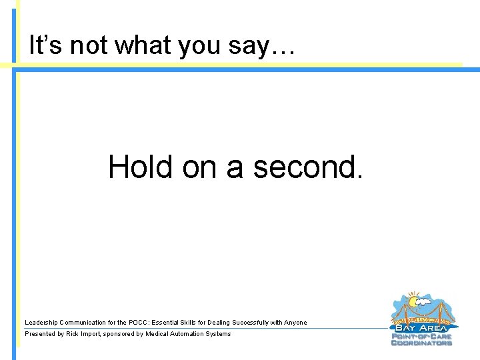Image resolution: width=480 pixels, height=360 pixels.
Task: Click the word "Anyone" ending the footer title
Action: click(x=296, y=323)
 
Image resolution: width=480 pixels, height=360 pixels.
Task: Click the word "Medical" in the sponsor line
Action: click(x=159, y=334)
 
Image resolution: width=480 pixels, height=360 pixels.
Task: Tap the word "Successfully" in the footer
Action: click(x=251, y=323)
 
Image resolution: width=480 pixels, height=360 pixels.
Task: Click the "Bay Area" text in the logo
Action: click(x=421, y=328)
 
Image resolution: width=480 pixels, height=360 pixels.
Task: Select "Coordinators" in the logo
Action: click(x=421, y=343)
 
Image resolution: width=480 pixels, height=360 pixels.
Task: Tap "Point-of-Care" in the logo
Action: click(x=421, y=336)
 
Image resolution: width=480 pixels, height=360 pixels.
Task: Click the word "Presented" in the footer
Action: click(x=39, y=334)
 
